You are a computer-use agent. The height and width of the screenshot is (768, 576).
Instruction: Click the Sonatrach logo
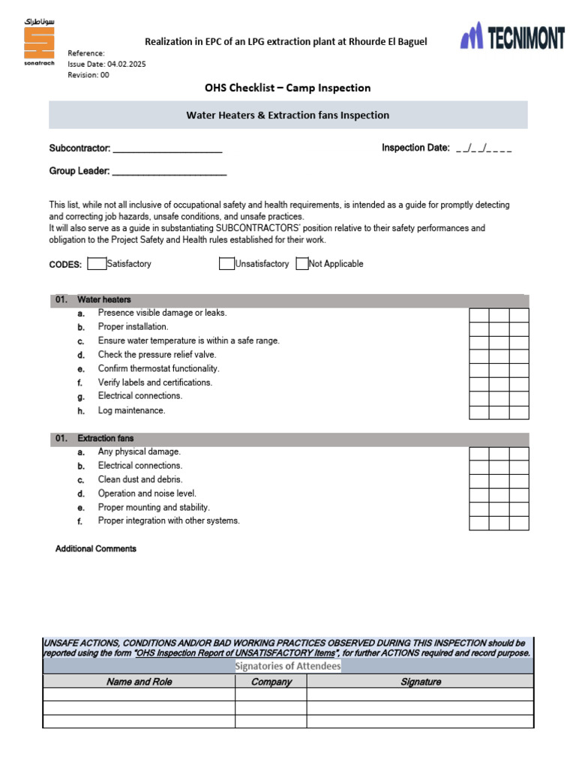pyautogui.click(x=39, y=43)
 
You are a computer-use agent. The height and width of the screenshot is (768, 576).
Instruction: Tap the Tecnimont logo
pyautogui.click(x=512, y=36)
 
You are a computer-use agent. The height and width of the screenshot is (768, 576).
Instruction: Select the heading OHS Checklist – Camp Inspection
pyautogui.click(x=287, y=88)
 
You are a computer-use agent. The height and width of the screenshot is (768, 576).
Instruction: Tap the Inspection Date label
pyautogui.click(x=415, y=148)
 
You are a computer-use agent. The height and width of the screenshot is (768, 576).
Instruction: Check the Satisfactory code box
pyautogui.click(x=97, y=264)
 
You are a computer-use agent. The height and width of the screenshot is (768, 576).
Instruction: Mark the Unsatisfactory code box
pyautogui.click(x=226, y=264)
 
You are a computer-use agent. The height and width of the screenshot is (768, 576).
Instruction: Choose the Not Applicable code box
pyautogui.click(x=302, y=264)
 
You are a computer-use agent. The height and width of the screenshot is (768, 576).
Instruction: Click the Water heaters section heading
pyautogui.click(x=103, y=299)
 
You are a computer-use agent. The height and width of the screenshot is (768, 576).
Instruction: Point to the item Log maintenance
pyautogui.click(x=131, y=410)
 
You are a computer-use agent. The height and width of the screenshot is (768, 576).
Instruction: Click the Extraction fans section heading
pyautogui.click(x=106, y=438)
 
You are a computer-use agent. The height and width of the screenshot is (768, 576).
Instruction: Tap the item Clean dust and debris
pyautogui.click(x=140, y=479)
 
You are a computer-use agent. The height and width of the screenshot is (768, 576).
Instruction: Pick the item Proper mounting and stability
pyautogui.click(x=154, y=507)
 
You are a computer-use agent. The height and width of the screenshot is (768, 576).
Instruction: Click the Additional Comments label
pyautogui.click(x=96, y=549)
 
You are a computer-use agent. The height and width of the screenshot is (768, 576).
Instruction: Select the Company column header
pyautogui.click(x=271, y=682)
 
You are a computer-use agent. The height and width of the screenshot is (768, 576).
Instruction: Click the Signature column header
pyautogui.click(x=420, y=682)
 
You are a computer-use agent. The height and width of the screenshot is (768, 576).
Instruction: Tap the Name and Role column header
pyautogui.click(x=139, y=682)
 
